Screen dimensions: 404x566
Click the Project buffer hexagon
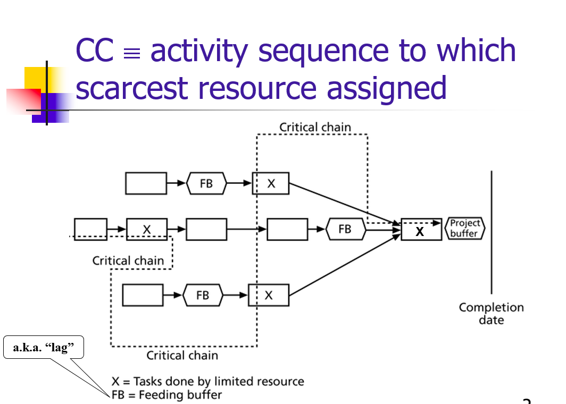point(465,229)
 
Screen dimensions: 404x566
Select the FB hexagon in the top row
point(206,183)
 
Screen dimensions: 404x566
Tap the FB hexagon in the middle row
point(345,229)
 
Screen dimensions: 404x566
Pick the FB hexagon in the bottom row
point(203,295)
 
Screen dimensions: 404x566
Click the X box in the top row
point(271,183)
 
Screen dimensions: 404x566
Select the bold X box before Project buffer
point(421,230)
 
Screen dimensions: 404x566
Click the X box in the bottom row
point(269,295)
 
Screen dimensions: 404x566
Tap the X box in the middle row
point(147,229)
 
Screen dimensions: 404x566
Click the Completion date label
point(491,314)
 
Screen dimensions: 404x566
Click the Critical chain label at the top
point(315,127)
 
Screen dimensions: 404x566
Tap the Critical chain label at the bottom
point(182,355)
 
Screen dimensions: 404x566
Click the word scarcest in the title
point(131,88)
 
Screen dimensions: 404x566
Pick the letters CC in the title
point(94,51)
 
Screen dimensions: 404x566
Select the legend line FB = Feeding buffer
point(167,394)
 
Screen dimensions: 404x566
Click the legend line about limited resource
point(207,381)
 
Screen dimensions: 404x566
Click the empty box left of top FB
point(146,183)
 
